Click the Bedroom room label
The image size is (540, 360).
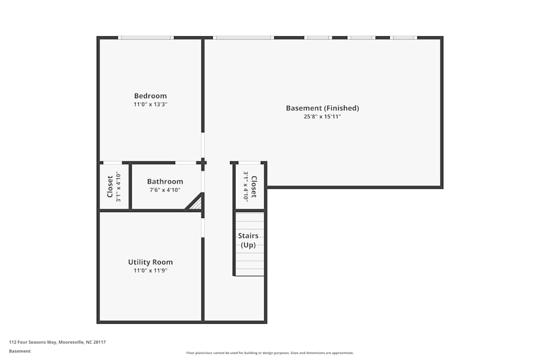coord(150,96)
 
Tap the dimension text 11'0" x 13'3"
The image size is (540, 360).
coord(150,104)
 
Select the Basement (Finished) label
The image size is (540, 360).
coord(322,108)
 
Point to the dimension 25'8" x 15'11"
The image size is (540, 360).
coord(322,116)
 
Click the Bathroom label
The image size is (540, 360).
coord(165,182)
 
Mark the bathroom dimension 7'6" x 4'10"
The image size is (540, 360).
coord(165,190)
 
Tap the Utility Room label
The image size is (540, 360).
coord(150,262)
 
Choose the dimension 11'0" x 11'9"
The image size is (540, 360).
coord(150,270)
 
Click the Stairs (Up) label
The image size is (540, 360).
coord(248,240)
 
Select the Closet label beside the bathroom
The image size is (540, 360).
coord(110,186)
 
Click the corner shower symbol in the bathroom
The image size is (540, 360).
coord(196,203)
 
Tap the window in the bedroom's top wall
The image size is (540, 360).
coord(146,38)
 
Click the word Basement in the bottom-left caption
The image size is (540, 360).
coord(19,351)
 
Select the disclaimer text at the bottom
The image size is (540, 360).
coord(270,353)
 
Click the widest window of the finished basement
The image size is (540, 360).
coord(244,38)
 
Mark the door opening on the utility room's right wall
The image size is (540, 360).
coord(203,227)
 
